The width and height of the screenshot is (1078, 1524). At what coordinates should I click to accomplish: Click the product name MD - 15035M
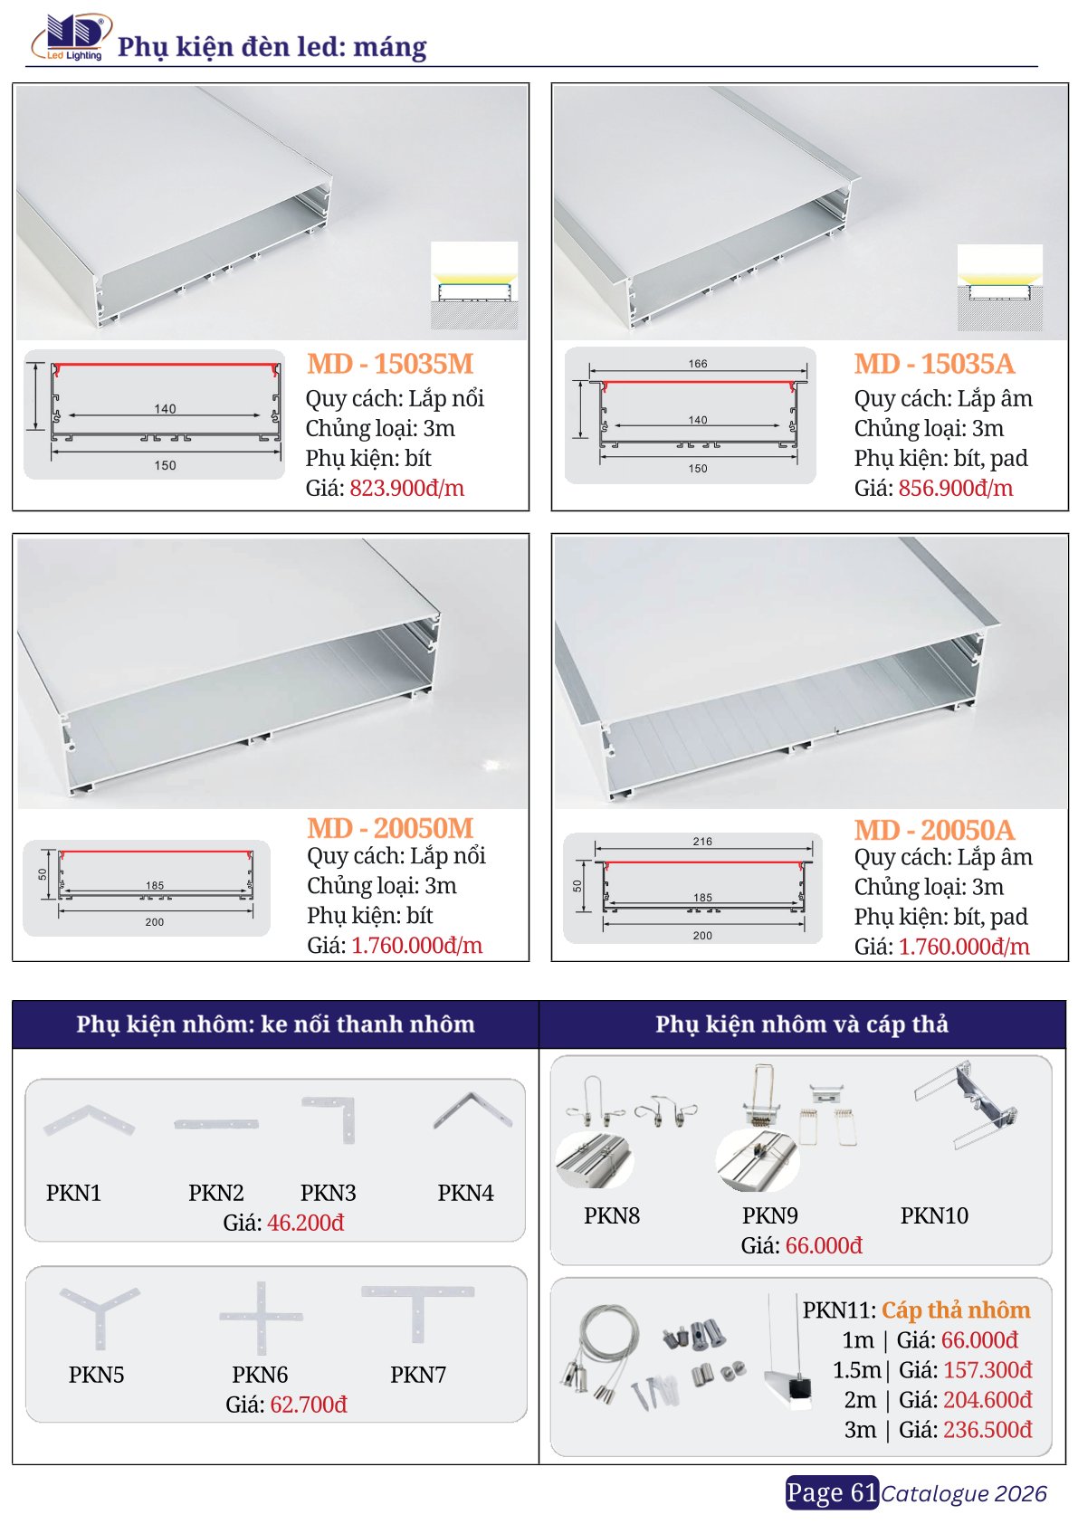[x=390, y=364]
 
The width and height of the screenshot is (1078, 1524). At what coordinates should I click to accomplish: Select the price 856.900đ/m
[x=956, y=488]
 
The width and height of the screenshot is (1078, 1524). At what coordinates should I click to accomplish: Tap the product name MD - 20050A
[x=934, y=830]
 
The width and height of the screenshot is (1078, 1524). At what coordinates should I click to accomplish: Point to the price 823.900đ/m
[x=407, y=488]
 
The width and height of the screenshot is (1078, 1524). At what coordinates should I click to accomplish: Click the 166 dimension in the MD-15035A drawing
[x=698, y=364]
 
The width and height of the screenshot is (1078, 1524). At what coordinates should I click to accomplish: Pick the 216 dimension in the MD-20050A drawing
[x=702, y=842]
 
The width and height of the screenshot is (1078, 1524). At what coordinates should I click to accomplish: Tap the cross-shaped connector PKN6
[x=261, y=1318]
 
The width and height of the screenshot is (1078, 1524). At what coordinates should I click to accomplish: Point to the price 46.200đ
[x=306, y=1223]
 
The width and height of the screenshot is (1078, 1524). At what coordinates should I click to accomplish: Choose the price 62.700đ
[x=309, y=1405]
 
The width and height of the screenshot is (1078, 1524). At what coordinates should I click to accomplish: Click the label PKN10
[x=934, y=1215]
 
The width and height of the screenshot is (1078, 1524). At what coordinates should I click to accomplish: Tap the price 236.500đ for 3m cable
[x=987, y=1430]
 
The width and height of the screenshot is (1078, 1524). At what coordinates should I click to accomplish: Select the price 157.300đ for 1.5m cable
[x=987, y=1369]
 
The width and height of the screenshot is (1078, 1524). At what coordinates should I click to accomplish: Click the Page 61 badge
[x=832, y=1492]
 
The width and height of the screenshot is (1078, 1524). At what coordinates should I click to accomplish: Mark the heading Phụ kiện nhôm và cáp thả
[x=802, y=1024]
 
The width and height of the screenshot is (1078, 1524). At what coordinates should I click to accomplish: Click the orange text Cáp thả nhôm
[x=956, y=1310]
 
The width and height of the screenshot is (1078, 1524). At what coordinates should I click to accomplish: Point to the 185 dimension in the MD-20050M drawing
[x=155, y=885]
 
